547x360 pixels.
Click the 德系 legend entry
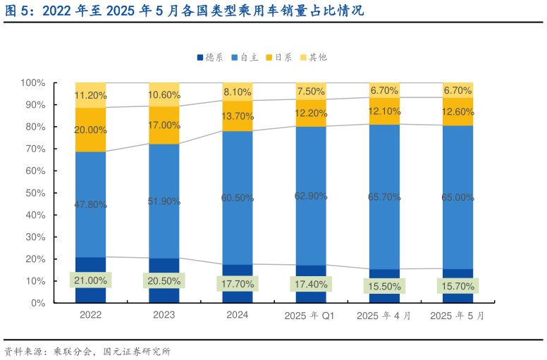[211, 57]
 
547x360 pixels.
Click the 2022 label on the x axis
[90, 315]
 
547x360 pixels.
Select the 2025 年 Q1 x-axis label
[310, 316]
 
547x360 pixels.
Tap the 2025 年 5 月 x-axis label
[457, 316]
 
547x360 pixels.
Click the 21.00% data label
[90, 280]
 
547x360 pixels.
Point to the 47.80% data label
[90, 205]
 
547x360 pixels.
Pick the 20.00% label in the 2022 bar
[90, 130]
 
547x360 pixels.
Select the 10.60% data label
[164, 95]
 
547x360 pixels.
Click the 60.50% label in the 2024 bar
[238, 198]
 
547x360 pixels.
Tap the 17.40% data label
[311, 284]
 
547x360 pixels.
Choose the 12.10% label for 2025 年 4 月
[384, 111]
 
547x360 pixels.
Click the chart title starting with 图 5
[183, 11]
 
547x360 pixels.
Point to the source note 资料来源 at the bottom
[87, 350]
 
